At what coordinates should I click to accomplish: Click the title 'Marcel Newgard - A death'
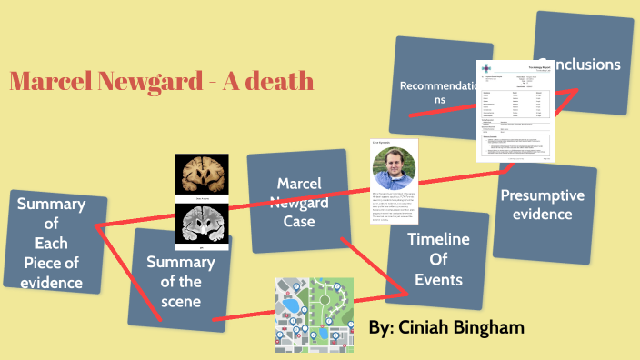pyautogui.click(x=162, y=81)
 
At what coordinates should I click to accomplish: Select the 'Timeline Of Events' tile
pyautogui.click(x=438, y=259)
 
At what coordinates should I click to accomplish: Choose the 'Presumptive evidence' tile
pyautogui.click(x=542, y=205)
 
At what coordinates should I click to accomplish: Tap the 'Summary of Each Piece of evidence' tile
pyautogui.click(x=52, y=243)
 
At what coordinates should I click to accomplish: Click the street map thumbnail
pyautogui.click(x=314, y=315)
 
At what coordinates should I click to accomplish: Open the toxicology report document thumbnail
pyautogui.click(x=514, y=112)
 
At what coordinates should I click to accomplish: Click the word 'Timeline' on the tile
pyautogui.click(x=438, y=240)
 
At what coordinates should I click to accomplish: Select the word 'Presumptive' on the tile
pyautogui.click(x=542, y=195)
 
